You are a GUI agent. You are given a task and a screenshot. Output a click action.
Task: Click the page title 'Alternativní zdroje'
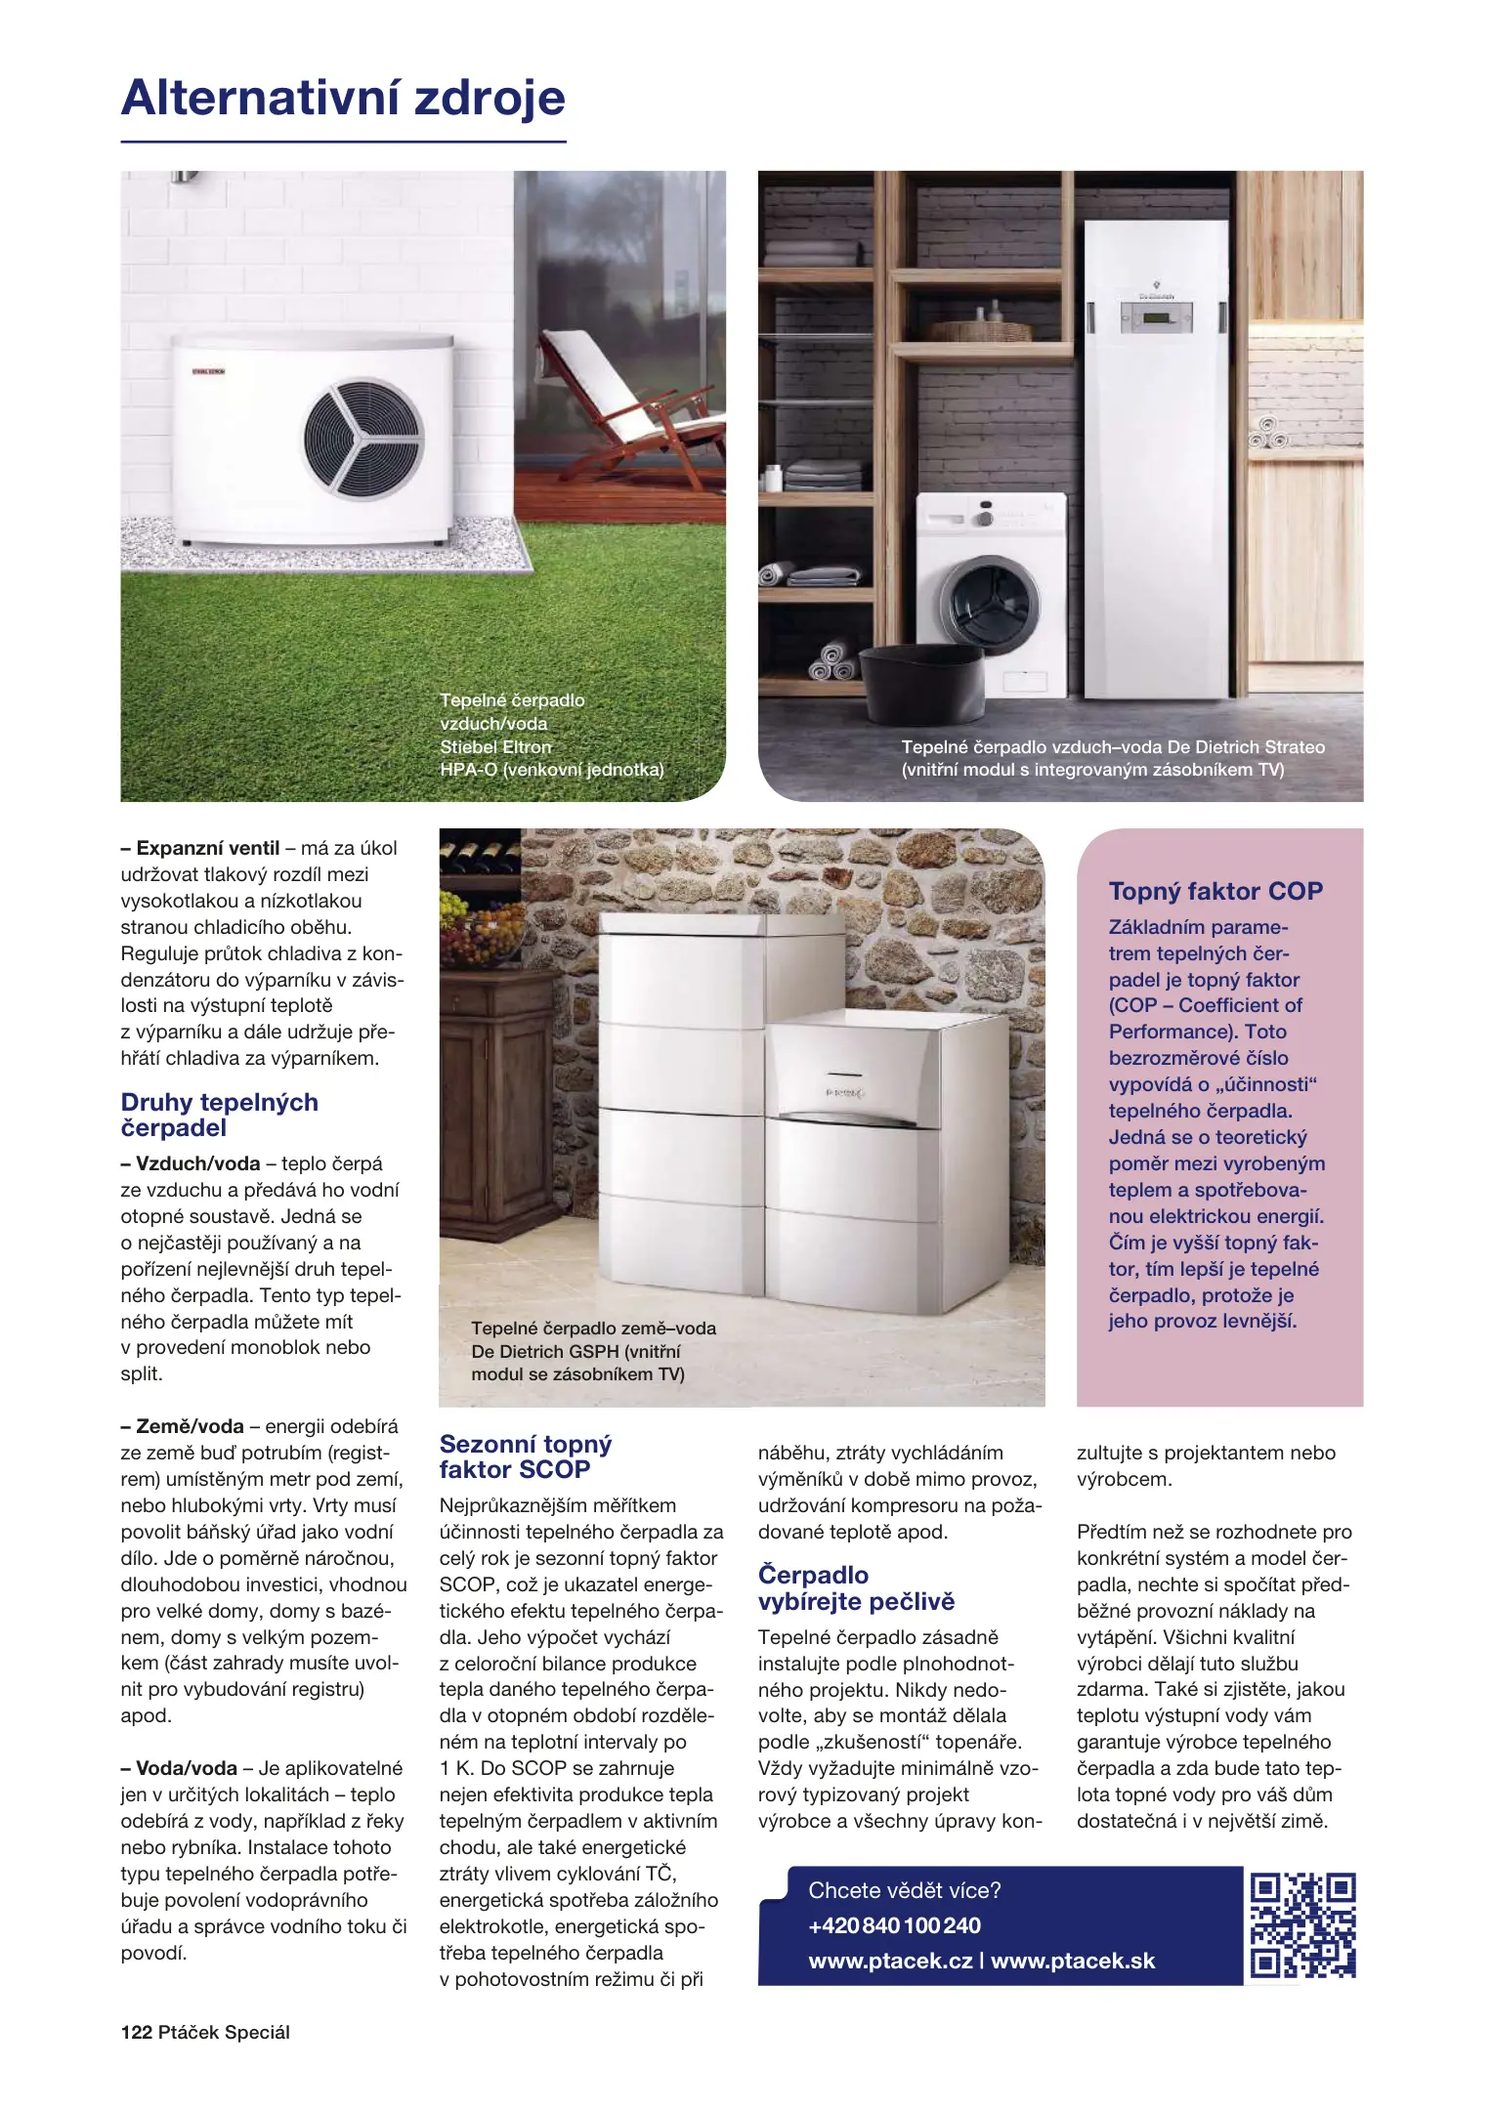click(x=343, y=98)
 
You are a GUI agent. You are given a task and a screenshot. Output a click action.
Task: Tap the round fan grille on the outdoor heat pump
click(x=362, y=437)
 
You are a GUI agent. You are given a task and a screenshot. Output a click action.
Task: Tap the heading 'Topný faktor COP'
click(x=1215, y=891)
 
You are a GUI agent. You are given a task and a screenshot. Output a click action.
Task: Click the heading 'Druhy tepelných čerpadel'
click(x=220, y=1115)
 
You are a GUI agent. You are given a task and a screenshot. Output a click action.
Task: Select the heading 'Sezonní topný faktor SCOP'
click(x=526, y=1456)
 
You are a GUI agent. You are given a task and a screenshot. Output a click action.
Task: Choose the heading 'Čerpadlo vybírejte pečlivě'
click(x=856, y=1587)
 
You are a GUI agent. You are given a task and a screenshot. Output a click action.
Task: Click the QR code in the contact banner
click(x=1302, y=1925)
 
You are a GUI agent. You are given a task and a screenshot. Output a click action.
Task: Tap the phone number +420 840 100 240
click(x=894, y=1925)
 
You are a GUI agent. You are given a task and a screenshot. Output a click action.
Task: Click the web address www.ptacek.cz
click(x=890, y=1961)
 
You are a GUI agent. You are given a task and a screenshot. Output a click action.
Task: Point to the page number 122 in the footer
click(x=137, y=2032)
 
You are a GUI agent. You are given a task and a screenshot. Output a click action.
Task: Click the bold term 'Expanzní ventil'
click(x=207, y=848)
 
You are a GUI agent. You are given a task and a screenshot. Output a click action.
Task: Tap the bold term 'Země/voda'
click(x=190, y=1426)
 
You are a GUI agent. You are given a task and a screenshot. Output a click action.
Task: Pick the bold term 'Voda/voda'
click(x=186, y=1768)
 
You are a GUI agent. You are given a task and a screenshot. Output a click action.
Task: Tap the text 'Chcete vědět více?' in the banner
click(x=904, y=1890)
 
